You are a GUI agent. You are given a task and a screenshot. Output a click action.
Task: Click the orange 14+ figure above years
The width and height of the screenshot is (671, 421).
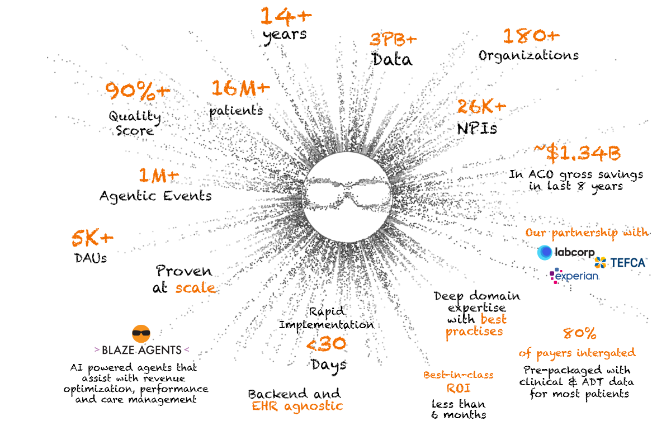[x=286, y=16]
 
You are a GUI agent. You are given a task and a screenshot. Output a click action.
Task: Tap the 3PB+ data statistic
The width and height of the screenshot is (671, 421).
[x=393, y=39]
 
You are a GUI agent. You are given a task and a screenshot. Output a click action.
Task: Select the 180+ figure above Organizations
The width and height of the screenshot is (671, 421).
[x=531, y=36]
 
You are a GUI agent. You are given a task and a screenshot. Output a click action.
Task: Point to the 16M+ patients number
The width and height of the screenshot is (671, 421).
[x=240, y=88]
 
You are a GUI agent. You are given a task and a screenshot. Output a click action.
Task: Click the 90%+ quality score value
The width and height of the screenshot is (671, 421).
[x=138, y=91]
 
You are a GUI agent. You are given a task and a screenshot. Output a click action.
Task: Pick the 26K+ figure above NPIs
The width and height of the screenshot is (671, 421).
[x=481, y=106]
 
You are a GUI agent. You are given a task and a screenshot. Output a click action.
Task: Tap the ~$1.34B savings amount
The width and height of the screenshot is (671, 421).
[x=577, y=153]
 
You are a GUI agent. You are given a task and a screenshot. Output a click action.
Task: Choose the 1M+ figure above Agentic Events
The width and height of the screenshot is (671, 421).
[x=158, y=175]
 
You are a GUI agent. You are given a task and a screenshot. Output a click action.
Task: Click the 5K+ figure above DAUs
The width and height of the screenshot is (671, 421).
[x=92, y=238]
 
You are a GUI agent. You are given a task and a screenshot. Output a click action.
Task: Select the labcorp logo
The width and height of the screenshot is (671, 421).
[x=566, y=252]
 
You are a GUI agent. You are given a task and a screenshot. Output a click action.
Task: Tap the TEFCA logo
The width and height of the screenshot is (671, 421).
[x=620, y=263]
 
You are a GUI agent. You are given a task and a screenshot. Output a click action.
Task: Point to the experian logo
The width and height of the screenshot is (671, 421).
[x=574, y=276]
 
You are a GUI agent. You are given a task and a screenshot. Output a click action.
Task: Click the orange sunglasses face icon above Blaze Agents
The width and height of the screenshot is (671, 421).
[x=141, y=334]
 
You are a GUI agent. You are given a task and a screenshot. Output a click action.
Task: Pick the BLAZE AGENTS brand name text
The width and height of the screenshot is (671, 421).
[x=141, y=350]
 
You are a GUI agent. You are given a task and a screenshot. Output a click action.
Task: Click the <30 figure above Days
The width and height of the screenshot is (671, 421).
[x=326, y=344]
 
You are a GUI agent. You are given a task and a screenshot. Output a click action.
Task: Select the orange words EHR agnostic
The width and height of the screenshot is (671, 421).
[x=297, y=406]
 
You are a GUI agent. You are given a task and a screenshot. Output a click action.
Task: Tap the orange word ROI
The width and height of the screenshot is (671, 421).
[x=459, y=389]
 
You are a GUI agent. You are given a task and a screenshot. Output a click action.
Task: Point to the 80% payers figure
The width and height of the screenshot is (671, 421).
[x=580, y=333]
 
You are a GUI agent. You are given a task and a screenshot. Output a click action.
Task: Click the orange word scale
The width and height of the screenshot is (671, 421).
[x=195, y=288]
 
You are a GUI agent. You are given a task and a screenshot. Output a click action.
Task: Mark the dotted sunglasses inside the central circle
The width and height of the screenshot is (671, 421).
[x=347, y=193]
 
